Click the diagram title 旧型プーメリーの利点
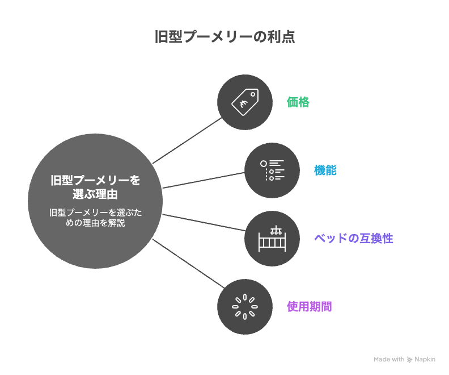225,37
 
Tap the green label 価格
298,102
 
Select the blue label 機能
325,170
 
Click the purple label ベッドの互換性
353,239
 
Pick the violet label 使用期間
310,307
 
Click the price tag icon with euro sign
245,102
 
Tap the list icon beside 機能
272,170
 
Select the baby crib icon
272,239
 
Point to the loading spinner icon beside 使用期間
245,307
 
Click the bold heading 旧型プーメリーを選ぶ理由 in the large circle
95,187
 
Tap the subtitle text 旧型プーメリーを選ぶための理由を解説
95,218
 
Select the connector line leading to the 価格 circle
187,140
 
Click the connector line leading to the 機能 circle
204,180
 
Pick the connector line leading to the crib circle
204,222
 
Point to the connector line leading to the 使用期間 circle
188,264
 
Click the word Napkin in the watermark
425,359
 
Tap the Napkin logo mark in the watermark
409,360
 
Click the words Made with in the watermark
389,359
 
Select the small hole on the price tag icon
253,94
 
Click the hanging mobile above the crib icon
276,230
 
